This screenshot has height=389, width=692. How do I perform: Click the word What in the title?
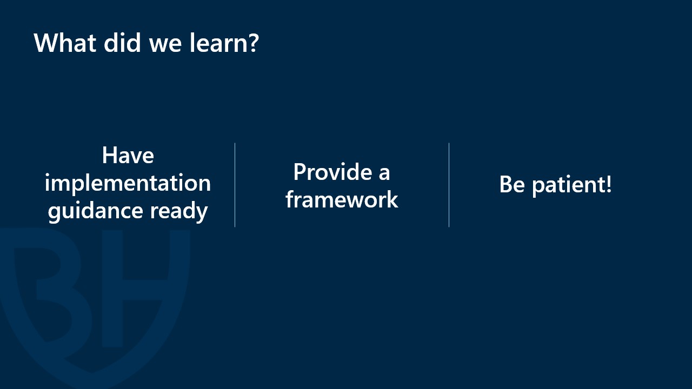coord(65,43)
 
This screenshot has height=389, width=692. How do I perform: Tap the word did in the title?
coord(122,42)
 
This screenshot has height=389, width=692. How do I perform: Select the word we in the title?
coord(165,45)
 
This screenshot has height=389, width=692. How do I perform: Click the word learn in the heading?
coord(218,42)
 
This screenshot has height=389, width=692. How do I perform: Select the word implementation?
coord(128,183)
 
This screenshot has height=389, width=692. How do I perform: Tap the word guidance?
coord(96,211)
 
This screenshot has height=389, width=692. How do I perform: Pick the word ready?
coord(179,211)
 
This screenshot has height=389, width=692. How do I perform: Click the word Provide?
coord(332,172)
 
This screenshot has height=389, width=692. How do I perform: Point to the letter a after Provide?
coord(384,175)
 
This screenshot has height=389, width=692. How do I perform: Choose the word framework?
coord(342,199)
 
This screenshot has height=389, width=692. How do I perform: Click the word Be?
coord(512,185)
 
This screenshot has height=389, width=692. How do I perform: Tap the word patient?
coord(568,185)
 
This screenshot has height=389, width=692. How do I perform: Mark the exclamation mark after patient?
coord(609,184)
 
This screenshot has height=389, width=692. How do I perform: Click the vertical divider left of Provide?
coord(235,185)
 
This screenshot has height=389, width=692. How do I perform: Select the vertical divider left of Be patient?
coord(449,185)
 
